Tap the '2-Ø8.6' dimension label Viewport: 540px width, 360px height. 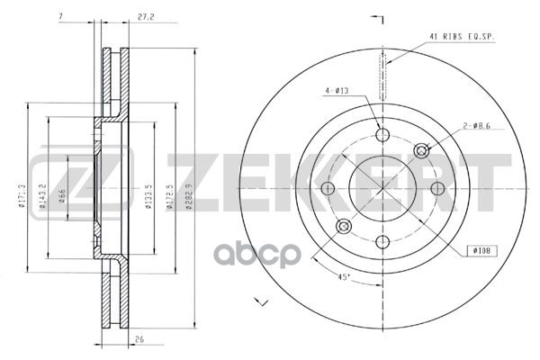(476, 127)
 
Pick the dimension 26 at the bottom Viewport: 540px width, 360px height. (139, 341)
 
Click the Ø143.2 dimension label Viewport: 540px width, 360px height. (42, 195)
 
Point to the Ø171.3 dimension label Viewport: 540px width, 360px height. (21, 195)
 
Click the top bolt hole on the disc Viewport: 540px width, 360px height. (382, 135)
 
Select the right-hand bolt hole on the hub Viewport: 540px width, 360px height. (437, 187)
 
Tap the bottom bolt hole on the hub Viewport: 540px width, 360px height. (382, 240)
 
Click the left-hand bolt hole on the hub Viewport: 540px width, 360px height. (328, 187)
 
